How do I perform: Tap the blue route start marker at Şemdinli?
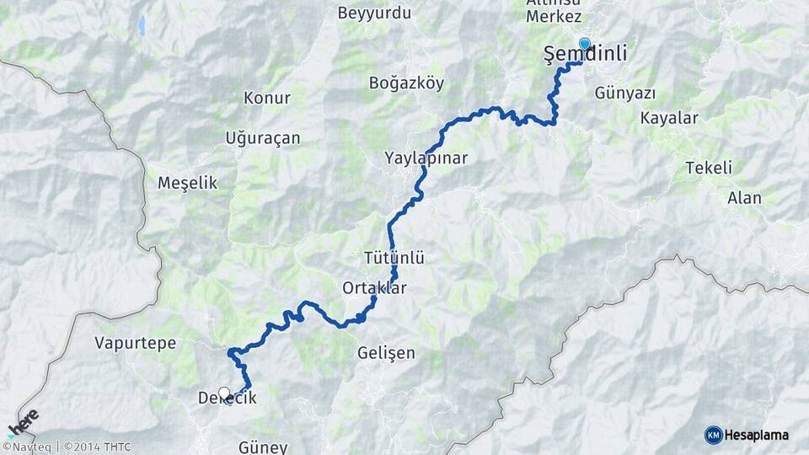click(x=584, y=44)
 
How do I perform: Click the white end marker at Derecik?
click(x=224, y=393)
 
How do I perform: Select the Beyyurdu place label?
click(x=373, y=13)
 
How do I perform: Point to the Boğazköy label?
click(x=406, y=83)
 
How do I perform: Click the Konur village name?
click(x=266, y=98)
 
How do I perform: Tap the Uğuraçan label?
click(x=263, y=138)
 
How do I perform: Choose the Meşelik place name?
click(x=187, y=182)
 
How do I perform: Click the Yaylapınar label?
click(x=426, y=158)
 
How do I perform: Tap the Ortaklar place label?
click(x=374, y=287)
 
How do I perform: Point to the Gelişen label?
click(x=386, y=352)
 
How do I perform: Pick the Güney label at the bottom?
click(x=263, y=447)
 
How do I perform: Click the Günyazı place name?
click(x=624, y=92)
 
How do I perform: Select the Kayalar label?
click(x=669, y=118)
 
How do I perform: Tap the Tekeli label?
click(x=708, y=167)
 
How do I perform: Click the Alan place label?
click(x=744, y=198)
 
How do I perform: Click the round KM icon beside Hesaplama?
click(x=713, y=435)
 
